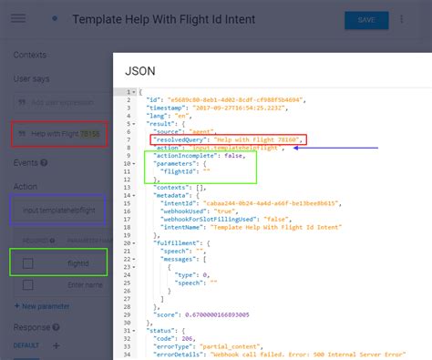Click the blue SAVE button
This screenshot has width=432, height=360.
(366, 20)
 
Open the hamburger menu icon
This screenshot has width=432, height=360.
(18, 19)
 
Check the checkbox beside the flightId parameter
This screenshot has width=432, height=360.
(28, 262)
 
